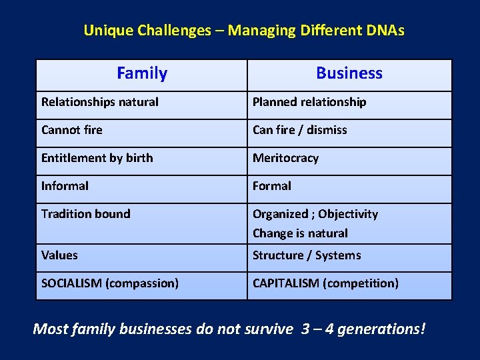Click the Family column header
click(x=141, y=73)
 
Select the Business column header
click(x=349, y=73)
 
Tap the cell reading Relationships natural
click(x=100, y=102)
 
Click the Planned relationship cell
click(x=309, y=102)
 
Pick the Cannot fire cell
click(x=72, y=130)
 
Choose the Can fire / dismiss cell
click(x=300, y=130)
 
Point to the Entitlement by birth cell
click(x=97, y=158)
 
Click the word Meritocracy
click(x=285, y=158)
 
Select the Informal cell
click(x=65, y=186)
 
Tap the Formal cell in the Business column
click(x=272, y=186)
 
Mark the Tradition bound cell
click(x=86, y=214)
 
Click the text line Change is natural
click(x=300, y=233)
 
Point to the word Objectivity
click(x=348, y=214)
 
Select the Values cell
click(x=59, y=255)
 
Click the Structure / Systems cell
click(x=307, y=255)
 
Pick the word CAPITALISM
click(x=286, y=283)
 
